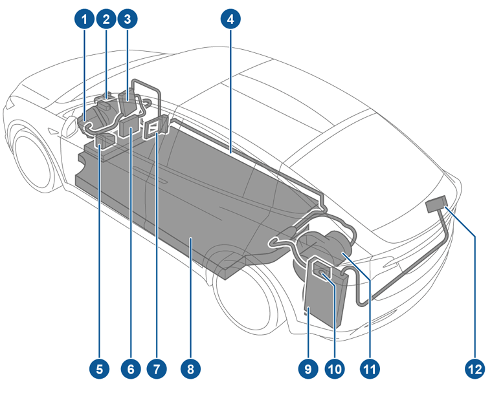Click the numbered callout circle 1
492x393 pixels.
[x=84, y=19]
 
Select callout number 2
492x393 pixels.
[x=106, y=19]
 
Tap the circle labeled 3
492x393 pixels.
[x=128, y=19]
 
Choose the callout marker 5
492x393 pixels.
[x=98, y=369]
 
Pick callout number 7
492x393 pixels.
[x=156, y=369]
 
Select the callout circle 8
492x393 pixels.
[x=190, y=369]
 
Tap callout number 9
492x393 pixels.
[x=307, y=369]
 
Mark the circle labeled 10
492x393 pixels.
[x=333, y=369]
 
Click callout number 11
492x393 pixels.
[x=369, y=369]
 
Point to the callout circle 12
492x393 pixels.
[x=474, y=369]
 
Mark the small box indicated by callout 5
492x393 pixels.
[x=104, y=142]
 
